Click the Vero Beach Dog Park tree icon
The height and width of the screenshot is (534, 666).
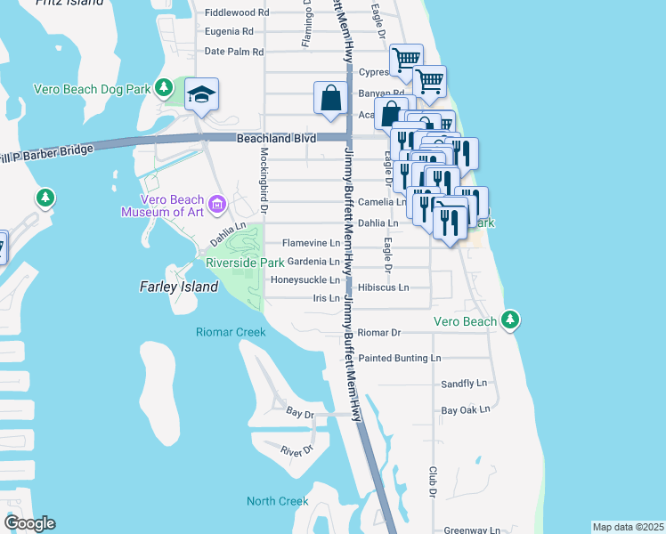coord(163,87)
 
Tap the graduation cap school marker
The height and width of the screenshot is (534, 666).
coord(202,94)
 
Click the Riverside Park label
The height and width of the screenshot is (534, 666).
coord(245,263)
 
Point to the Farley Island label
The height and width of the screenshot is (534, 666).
coord(179,287)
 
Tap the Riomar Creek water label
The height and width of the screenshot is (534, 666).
coord(231,332)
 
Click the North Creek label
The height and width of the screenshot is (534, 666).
coord(277,501)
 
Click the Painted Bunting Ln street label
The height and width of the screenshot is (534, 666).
coord(400,358)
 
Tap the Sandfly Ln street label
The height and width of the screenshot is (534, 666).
coord(465,384)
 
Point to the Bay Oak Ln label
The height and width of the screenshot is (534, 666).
coord(466,410)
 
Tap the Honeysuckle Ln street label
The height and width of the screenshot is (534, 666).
coord(305,279)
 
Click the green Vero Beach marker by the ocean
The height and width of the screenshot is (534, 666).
coord(510,319)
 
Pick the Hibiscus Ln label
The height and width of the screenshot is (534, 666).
coord(383,287)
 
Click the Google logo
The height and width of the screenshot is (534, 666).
coord(29,523)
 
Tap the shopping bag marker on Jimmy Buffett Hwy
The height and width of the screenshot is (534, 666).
coord(330,97)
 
